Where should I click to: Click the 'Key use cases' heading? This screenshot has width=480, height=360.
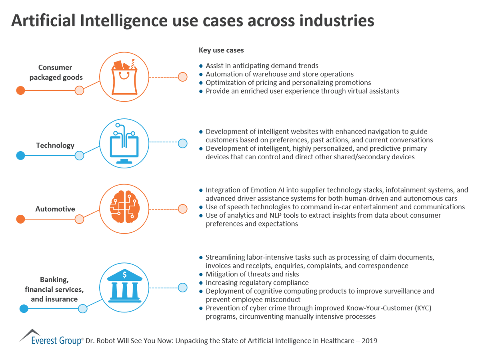(221, 50)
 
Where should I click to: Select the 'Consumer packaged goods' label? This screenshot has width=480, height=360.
(56, 72)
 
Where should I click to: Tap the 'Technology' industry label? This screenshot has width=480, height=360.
(55, 145)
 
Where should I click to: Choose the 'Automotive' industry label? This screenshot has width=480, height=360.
(55, 209)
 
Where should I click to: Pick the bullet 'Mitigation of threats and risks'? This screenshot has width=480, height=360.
(252, 274)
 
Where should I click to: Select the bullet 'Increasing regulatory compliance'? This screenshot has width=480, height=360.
(257, 283)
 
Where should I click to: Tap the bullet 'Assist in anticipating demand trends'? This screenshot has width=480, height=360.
(262, 66)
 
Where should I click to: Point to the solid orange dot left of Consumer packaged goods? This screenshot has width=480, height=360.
(20, 90)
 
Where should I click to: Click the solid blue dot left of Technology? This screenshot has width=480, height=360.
(20, 156)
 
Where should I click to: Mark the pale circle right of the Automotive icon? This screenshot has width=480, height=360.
(182, 208)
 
